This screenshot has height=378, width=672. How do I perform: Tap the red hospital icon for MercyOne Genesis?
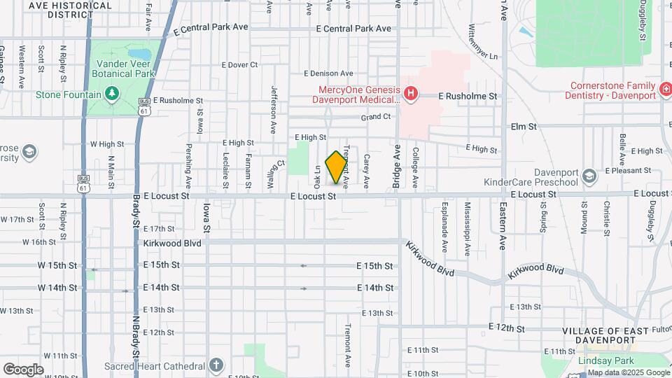pyautogui.click(x=411, y=92)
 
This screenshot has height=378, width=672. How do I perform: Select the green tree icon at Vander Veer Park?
pyautogui.click(x=111, y=94)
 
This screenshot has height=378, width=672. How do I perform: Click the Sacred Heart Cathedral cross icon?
pyautogui.click(x=217, y=365)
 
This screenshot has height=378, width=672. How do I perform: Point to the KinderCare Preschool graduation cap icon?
pyautogui.click(x=588, y=174)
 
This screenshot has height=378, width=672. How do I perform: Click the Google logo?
pyautogui.click(x=23, y=370)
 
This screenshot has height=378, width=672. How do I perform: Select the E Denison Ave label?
pyautogui.click(x=328, y=73)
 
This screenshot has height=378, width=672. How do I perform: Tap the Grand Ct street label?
pyautogui.click(x=375, y=117)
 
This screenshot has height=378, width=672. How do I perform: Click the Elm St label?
pyautogui.click(x=523, y=127)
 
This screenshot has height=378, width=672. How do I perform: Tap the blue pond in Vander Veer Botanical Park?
pyautogui.click(x=141, y=53)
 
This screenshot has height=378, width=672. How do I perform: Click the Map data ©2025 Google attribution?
pyautogui.click(x=628, y=372)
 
